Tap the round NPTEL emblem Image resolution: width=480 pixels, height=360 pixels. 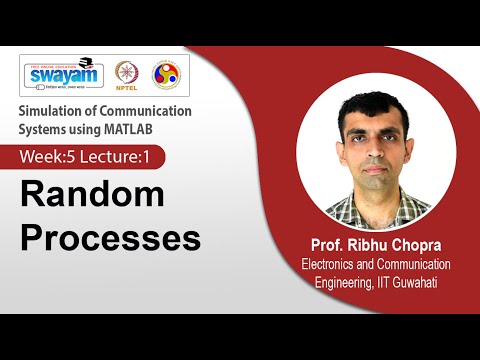coord(126,76)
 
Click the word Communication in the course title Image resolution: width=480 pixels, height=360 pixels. coord(143,111)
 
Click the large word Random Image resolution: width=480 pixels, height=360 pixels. coord(91,195)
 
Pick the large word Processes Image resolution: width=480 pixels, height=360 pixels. coord(110,239)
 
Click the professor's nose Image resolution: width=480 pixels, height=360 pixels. coord(372,150)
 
